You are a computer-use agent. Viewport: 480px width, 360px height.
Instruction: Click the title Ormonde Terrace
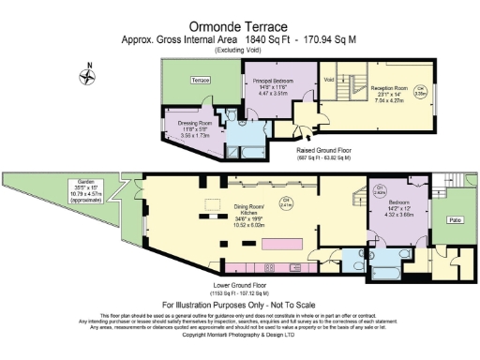[x=239, y=27]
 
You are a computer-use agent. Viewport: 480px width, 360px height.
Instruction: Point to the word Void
[x=328, y=80]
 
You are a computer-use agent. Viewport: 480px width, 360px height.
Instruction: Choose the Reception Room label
[x=387, y=86]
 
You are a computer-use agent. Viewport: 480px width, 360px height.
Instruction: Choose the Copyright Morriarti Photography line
[x=239, y=333]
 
